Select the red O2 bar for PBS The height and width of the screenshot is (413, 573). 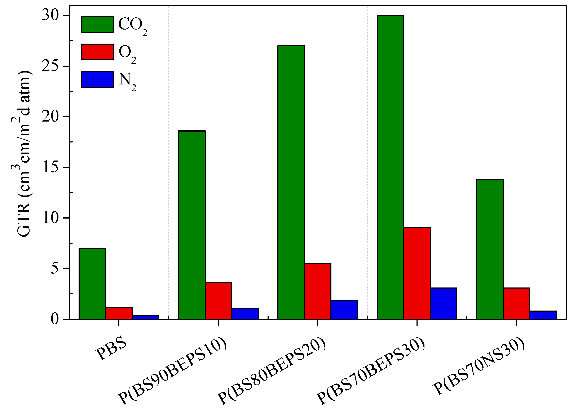coord(119,313)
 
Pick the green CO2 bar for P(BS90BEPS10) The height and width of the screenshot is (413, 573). coord(192,225)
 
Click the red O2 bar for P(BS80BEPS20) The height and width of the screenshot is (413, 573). coord(318,291)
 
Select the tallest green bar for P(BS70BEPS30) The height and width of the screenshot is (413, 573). coord(390,167)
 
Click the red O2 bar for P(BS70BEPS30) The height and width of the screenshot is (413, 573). coord(417,273)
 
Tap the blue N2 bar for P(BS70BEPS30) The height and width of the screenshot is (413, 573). coord(444,303)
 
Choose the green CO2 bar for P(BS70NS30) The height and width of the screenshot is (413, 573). coord(490,249)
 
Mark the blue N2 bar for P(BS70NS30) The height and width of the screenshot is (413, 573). coord(543,315)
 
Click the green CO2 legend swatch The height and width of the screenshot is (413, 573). coord(97,25)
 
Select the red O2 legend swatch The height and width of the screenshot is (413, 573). coord(97,52)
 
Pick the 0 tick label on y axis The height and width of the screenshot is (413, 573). coord(55,319)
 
